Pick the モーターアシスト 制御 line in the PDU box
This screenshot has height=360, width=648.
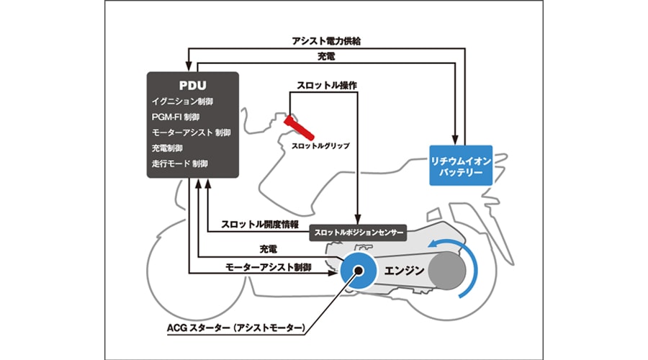192,132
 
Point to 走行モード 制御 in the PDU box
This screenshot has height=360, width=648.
180,163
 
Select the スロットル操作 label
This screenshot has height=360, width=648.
326,85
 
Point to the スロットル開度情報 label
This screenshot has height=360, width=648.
260,224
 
